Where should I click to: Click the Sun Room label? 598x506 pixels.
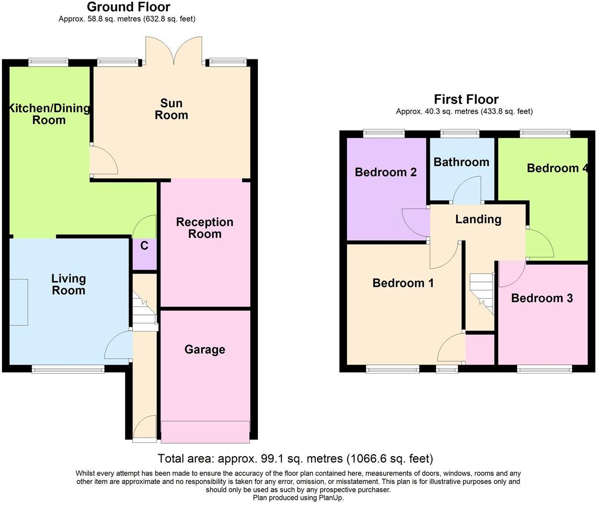pyautogui.click(x=171, y=109)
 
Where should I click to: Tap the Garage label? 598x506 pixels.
pyautogui.click(x=205, y=349)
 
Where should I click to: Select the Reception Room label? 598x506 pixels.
pyautogui.click(x=205, y=228)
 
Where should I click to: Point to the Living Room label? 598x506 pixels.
pyautogui.click(x=69, y=285)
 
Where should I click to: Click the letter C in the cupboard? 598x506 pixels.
pyautogui.click(x=144, y=246)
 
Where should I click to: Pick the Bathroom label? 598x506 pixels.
pyautogui.click(x=461, y=162)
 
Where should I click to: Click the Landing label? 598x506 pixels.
pyautogui.click(x=479, y=219)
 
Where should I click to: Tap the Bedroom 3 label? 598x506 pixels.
pyautogui.click(x=542, y=298)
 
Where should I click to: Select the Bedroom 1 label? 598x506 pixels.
pyautogui.click(x=403, y=283)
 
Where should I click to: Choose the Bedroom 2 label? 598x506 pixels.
pyautogui.click(x=386, y=172)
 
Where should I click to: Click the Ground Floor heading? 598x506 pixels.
pyautogui.click(x=129, y=7)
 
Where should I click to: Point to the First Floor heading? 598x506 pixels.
pyautogui.click(x=466, y=100)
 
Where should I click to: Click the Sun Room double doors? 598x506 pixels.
pyautogui.click(x=173, y=50)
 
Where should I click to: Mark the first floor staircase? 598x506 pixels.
pyautogui.click(x=482, y=294)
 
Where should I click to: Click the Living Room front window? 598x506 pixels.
pyautogui.click(x=68, y=369)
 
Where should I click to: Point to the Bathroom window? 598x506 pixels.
pyautogui.click(x=460, y=133)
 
